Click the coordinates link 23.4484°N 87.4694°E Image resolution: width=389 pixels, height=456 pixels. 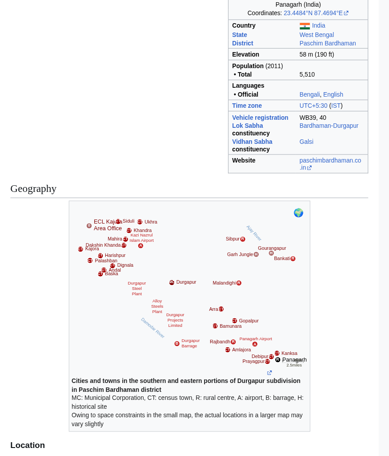313,13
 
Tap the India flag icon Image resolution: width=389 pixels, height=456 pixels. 305,26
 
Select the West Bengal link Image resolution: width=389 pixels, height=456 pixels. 317,35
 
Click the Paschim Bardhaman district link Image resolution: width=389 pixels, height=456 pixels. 328,43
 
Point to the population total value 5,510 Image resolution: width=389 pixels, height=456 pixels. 307,74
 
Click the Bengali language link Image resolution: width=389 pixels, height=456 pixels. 309,94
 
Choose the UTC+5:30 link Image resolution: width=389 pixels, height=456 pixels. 313,106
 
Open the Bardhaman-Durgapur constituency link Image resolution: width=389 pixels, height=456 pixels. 329,126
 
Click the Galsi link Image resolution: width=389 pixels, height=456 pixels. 306,142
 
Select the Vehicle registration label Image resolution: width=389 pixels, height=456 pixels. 260,118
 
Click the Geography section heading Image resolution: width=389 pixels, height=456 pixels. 33,188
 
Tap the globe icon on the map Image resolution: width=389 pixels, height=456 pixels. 298,213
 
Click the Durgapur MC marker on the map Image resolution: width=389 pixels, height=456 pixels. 172,282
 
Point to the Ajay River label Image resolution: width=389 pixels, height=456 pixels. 254,233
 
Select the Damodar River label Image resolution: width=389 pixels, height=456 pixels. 152,328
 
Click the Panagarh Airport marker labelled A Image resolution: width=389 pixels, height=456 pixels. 255,344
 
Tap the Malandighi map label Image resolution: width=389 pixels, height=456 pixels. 224,283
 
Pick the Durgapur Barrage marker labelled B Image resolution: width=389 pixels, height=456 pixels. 177,344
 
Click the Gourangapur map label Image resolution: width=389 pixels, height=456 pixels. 272,248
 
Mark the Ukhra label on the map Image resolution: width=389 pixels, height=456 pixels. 151,222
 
